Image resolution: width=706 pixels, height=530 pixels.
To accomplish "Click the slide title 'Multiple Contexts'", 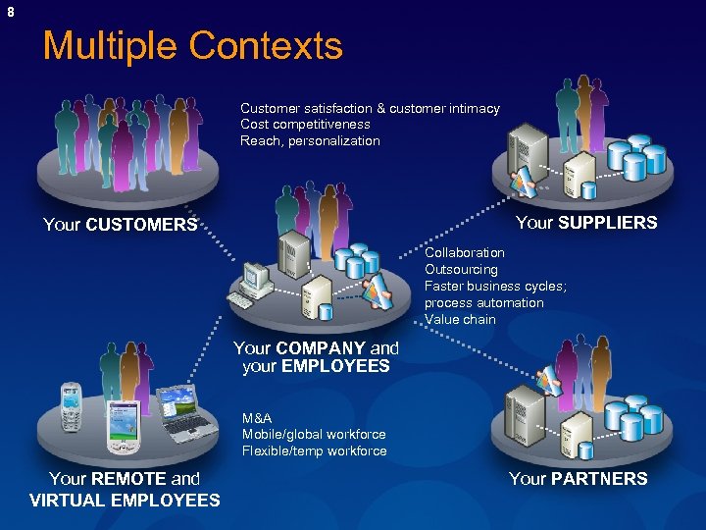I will point(193,46).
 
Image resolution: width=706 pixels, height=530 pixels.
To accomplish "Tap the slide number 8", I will point(11,12).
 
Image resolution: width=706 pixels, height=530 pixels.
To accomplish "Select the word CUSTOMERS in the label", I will point(141,225).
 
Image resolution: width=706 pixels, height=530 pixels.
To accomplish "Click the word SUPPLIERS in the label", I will point(607,223).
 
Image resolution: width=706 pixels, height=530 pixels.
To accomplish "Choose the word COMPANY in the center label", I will point(321,348).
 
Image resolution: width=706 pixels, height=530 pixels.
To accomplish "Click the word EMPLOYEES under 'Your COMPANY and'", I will point(335,366).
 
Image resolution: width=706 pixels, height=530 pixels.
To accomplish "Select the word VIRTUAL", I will point(71,501).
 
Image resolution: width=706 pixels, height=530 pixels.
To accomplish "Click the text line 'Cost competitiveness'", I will point(305,125).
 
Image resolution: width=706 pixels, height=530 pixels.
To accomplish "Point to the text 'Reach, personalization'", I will point(310,141).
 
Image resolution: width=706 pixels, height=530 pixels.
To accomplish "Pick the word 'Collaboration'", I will point(465,253).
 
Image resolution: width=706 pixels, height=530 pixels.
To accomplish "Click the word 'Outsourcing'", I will point(461,270).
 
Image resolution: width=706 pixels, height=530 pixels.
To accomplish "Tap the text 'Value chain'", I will point(460,320).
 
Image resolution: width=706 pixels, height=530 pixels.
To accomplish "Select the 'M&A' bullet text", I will point(257,418).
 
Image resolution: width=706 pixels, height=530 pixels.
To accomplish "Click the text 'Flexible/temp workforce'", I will point(314,451).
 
